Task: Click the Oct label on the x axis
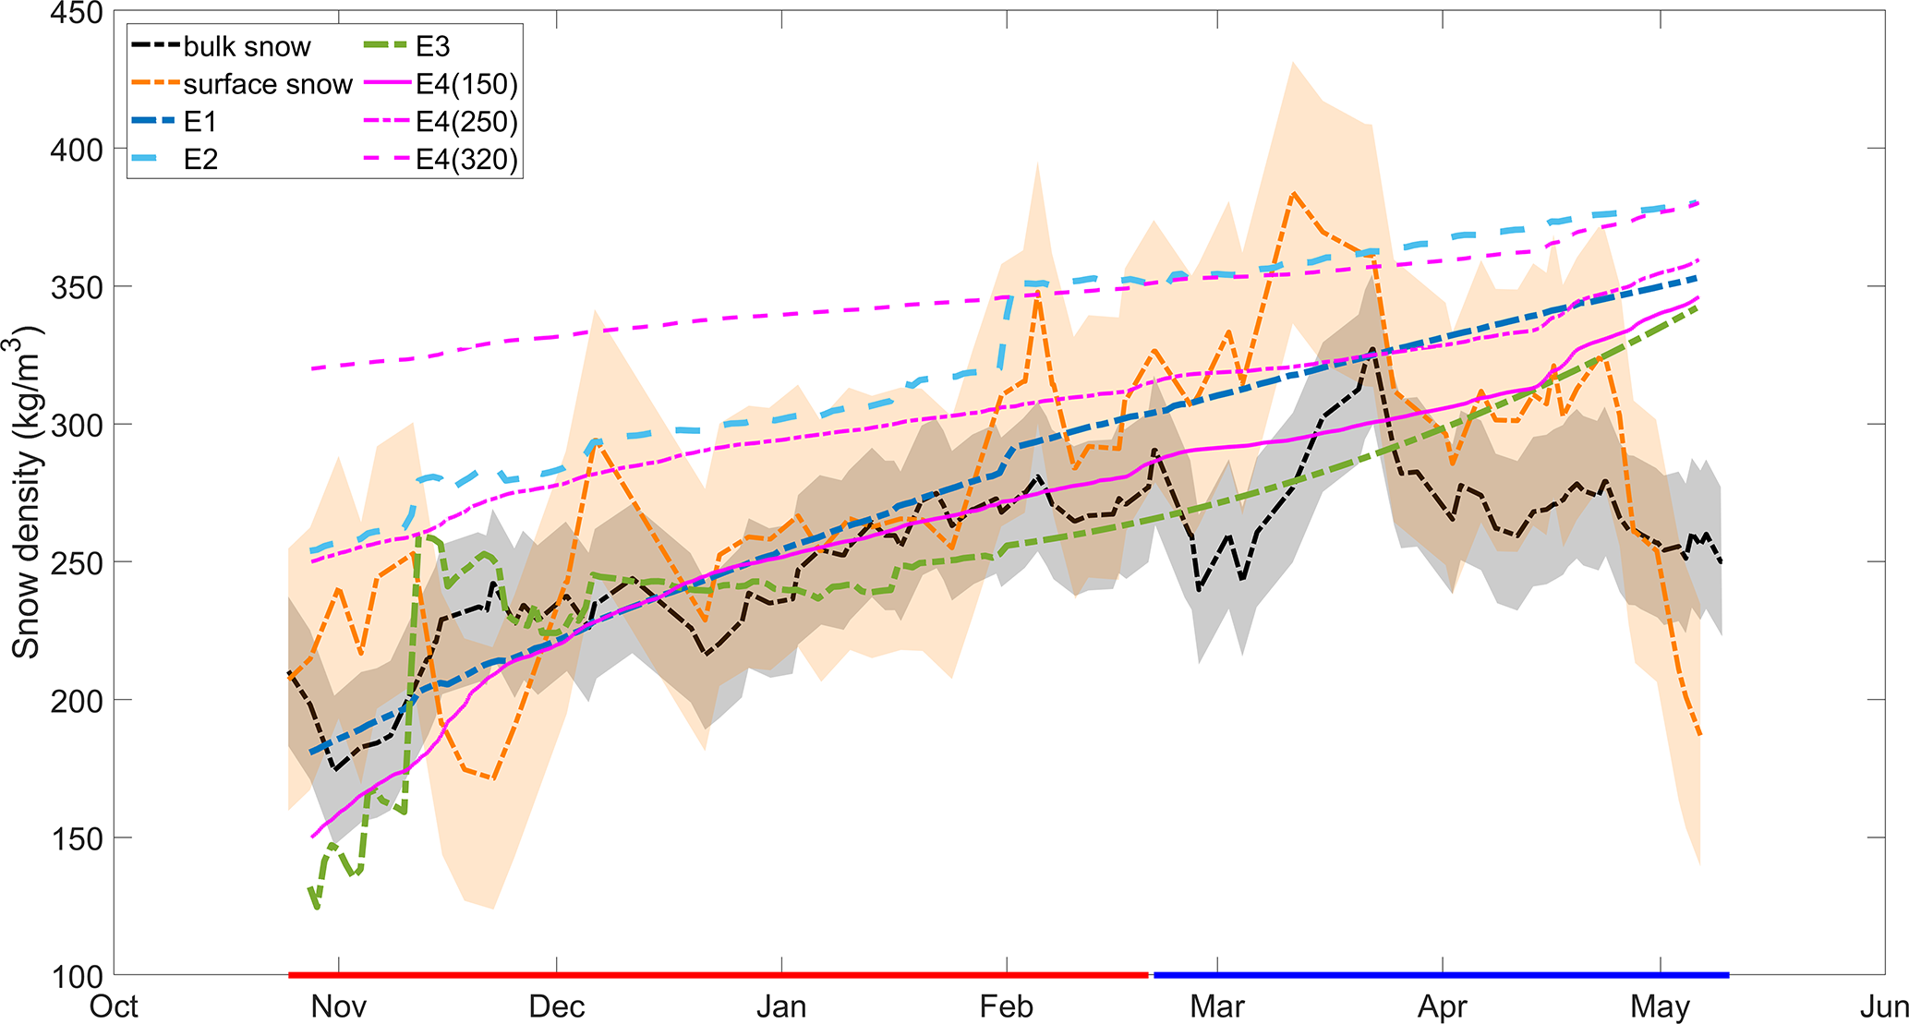click(114, 1006)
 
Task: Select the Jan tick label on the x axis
click(781, 1006)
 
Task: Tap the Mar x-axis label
click(1217, 1006)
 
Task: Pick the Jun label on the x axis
click(1884, 1006)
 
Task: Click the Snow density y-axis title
click(26, 490)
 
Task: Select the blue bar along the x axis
click(1441, 974)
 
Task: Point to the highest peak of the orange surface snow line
click(1294, 193)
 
